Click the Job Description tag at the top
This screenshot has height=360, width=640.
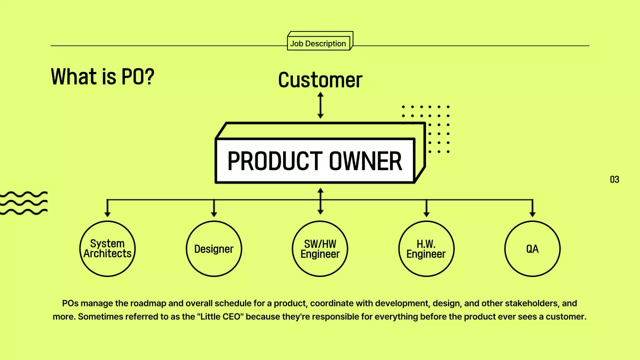click(x=318, y=43)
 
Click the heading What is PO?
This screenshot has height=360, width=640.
click(x=102, y=77)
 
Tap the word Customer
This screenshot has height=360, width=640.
click(x=320, y=80)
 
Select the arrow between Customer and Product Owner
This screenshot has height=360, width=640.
click(x=320, y=105)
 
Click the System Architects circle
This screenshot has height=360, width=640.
click(x=107, y=248)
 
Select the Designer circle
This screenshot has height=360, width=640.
click(x=214, y=248)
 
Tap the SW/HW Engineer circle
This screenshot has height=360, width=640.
click(x=320, y=248)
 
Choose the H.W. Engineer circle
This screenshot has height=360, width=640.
click(x=426, y=248)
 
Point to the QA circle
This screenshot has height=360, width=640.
click(x=532, y=248)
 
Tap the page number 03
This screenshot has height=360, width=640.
click(x=614, y=179)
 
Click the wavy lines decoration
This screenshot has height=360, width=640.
click(x=23, y=202)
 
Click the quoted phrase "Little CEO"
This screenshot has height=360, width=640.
click(x=220, y=316)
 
